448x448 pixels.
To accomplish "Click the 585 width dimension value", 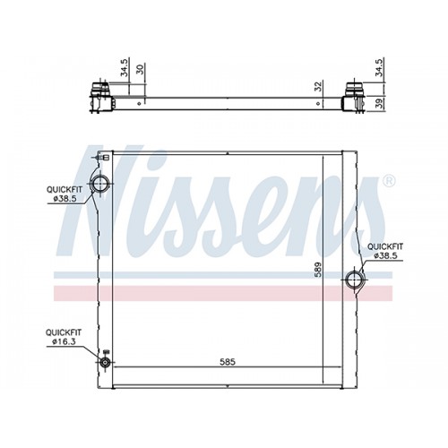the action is [228, 362].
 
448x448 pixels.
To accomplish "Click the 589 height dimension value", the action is [318, 270].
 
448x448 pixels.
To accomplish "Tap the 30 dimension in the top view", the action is [140, 69].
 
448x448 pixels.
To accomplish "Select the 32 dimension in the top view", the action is [319, 86].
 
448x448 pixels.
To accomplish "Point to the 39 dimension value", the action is [379, 103].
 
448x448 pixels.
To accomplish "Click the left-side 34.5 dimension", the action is [124, 67].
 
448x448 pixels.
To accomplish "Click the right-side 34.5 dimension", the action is [379, 67].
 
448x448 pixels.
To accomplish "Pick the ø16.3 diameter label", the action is [63, 342].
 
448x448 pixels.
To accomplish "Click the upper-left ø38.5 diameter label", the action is [65, 199].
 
